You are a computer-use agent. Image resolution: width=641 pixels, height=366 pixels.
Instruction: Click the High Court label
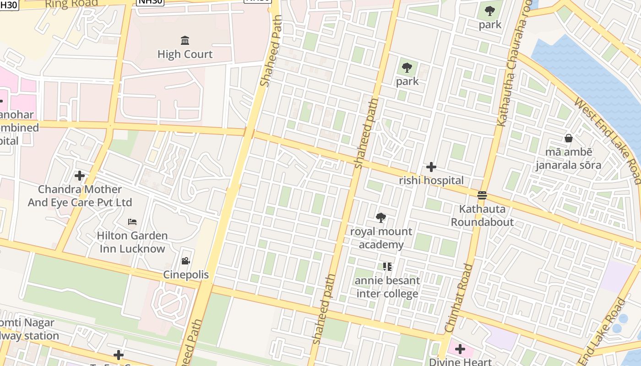185,54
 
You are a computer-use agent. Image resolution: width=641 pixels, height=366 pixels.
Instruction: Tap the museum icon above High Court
185,41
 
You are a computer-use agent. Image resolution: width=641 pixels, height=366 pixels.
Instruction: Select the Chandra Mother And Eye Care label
80,196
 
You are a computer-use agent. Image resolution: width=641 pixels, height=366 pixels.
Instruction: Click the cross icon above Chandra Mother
80,176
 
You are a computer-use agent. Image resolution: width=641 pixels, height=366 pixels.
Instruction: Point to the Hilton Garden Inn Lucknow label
132,242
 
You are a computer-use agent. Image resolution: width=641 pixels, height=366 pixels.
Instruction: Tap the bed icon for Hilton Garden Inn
132,222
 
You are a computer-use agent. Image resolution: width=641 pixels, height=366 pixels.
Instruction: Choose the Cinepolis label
186,274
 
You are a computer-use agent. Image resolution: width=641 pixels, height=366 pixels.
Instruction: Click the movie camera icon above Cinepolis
185,261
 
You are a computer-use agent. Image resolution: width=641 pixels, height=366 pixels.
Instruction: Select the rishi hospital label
431,180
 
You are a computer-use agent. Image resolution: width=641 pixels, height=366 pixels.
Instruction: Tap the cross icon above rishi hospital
431,167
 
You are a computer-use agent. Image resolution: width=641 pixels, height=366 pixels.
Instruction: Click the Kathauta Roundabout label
482,215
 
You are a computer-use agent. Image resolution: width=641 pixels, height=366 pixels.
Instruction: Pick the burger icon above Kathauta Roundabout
482,195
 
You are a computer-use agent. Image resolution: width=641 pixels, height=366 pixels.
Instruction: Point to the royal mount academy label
381,238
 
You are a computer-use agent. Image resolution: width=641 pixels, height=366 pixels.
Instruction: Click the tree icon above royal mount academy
380,218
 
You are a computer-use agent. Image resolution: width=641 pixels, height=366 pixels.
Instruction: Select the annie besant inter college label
387,287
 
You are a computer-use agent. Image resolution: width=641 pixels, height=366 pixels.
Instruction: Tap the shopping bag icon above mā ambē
568,138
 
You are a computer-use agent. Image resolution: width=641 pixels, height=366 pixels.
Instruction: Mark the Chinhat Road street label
459,298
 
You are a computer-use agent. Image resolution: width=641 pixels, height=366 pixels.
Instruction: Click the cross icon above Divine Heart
460,350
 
